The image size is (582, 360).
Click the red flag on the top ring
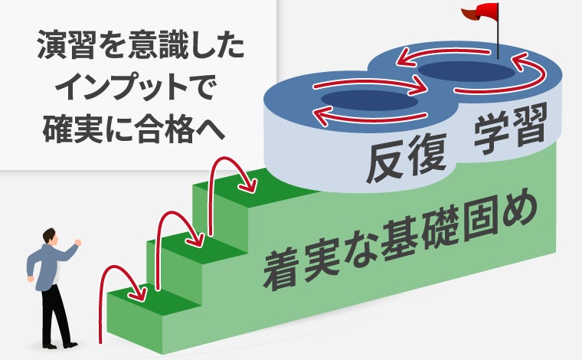[x=476, y=12]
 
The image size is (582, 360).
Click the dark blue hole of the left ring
[x=368, y=100]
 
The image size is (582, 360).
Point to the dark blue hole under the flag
[x=467, y=71]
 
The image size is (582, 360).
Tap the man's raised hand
[x=78, y=244]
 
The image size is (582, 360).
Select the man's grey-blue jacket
[x=46, y=264]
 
